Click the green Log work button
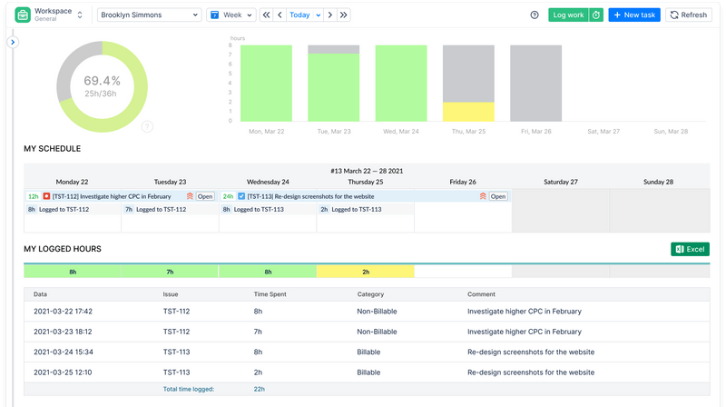pyautogui.click(x=568, y=15)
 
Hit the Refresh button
pyautogui.click(x=688, y=15)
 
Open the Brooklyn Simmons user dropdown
pyautogui.click(x=149, y=15)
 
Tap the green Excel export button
pyautogui.click(x=689, y=249)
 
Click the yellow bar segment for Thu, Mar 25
pyautogui.click(x=468, y=112)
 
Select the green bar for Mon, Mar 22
pyautogui.click(x=267, y=84)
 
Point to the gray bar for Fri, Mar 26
pyautogui.click(x=535, y=84)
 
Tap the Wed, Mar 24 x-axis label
pyautogui.click(x=401, y=131)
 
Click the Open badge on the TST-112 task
pyautogui.click(x=205, y=196)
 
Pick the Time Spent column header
pyautogui.click(x=272, y=294)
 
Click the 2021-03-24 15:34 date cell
pyautogui.click(x=63, y=352)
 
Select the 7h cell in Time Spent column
pyautogui.click(x=258, y=332)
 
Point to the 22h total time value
pyautogui.click(x=259, y=389)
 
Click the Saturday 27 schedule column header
pyautogui.click(x=561, y=182)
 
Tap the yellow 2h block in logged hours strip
pyautogui.click(x=366, y=271)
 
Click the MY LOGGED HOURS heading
pyautogui.click(x=63, y=249)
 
